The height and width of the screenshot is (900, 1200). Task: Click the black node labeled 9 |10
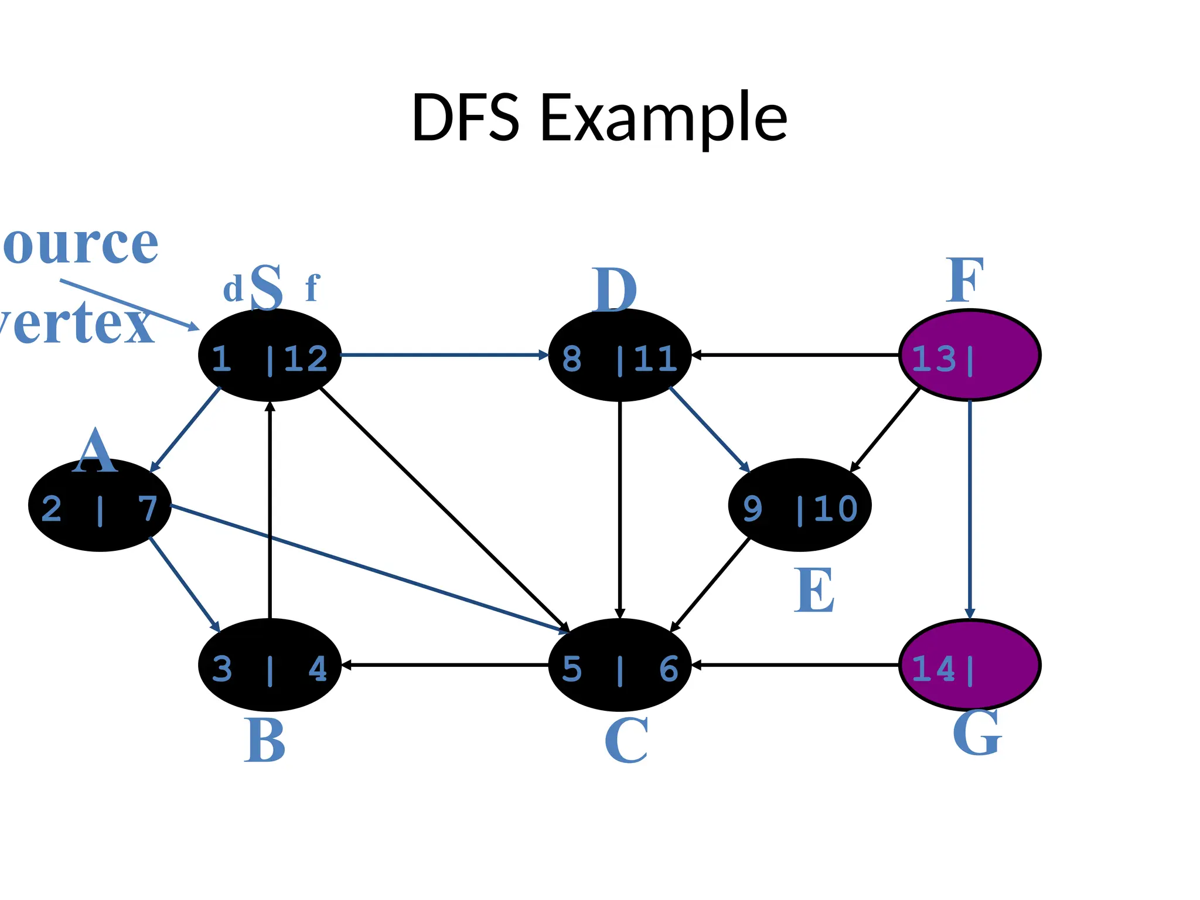[x=799, y=505]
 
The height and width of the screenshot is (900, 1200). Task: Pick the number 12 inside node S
[x=305, y=359]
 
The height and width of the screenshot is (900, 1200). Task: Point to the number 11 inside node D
[x=656, y=359]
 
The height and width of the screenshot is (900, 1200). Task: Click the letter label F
[x=964, y=281]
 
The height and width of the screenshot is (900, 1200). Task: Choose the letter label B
[x=265, y=741]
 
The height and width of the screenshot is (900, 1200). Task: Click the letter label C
[x=626, y=741]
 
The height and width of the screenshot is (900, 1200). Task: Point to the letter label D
[x=613, y=291]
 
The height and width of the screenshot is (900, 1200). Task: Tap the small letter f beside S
[x=312, y=288]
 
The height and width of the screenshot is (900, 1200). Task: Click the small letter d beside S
[x=233, y=290]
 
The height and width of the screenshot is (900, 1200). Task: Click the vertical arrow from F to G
[x=970, y=510]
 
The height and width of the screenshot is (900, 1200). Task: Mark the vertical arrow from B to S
[x=270, y=510]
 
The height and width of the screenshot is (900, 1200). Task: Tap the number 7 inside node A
[x=148, y=508]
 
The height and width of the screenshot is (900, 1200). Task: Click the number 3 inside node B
[x=222, y=669]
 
